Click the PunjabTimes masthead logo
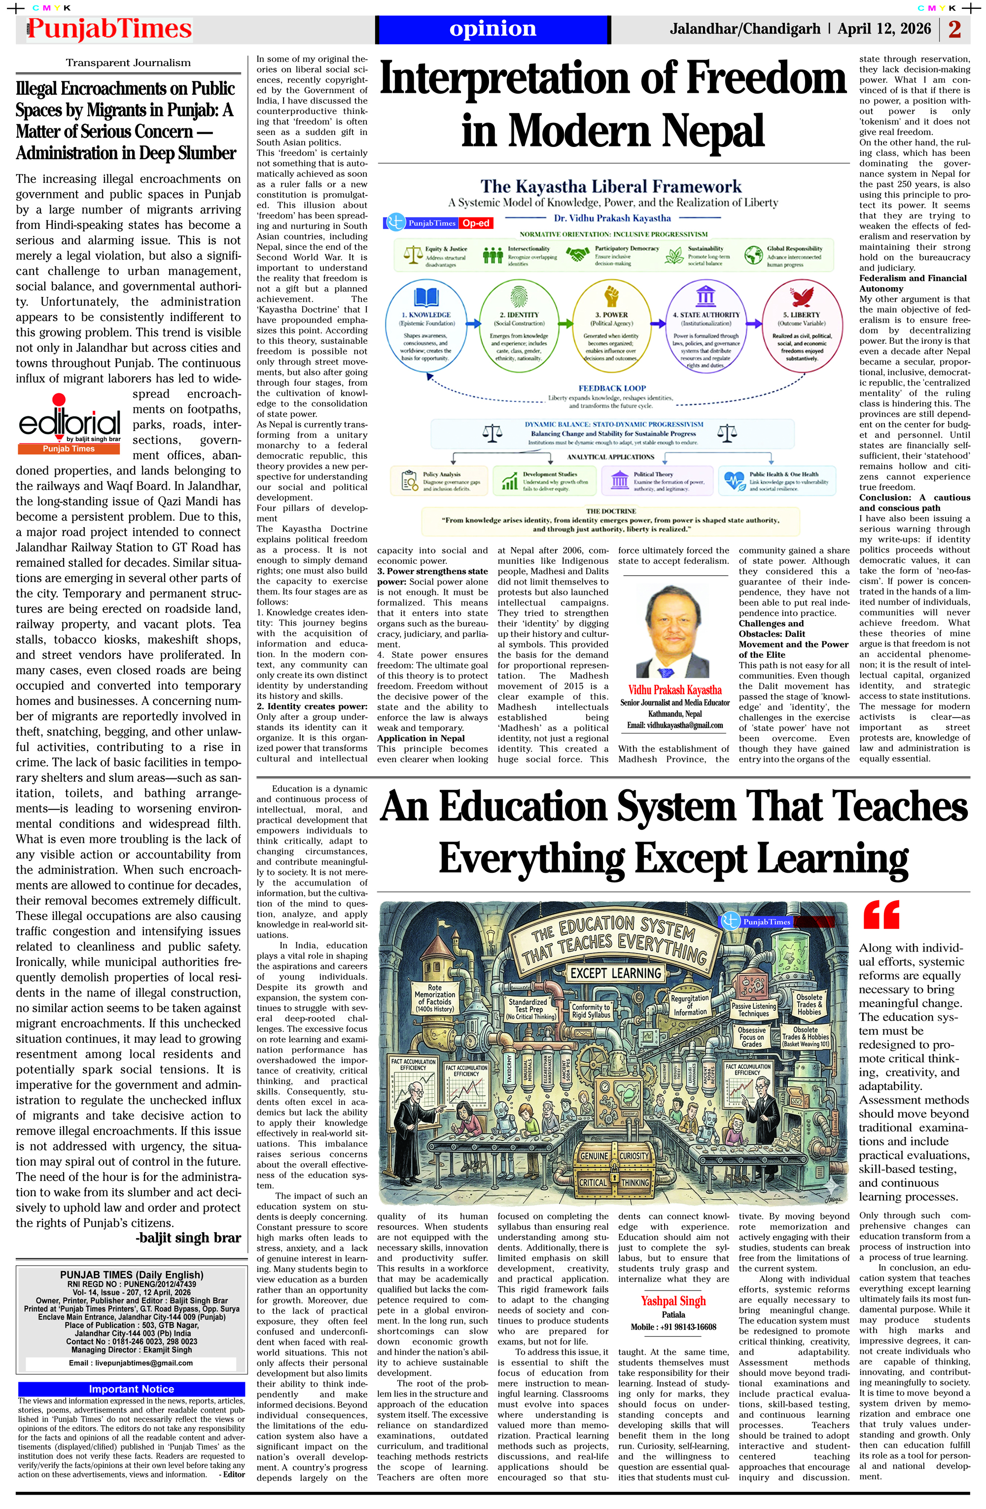pyautogui.click(x=109, y=29)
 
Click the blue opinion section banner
pyautogui.click(x=493, y=29)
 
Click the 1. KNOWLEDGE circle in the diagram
pyautogui.click(x=426, y=327)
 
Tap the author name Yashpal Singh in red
pyautogui.click(x=673, y=1300)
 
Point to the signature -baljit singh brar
pyautogui.click(x=188, y=1238)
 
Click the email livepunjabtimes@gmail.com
pyautogui.click(x=131, y=1362)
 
